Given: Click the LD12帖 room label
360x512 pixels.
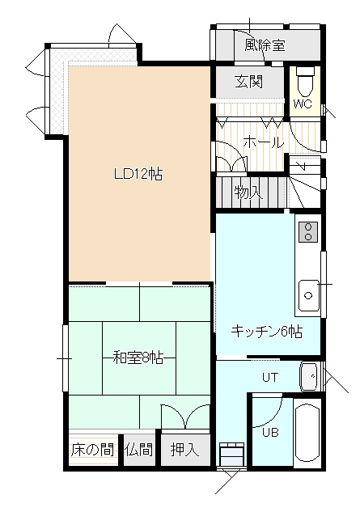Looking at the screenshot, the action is tap(138, 174).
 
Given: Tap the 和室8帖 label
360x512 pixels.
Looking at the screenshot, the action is tap(138, 358).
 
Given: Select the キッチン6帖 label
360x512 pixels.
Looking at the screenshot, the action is tap(267, 332).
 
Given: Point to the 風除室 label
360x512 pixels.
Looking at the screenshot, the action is tap(265, 45).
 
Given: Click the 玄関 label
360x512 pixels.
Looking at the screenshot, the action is tap(249, 82).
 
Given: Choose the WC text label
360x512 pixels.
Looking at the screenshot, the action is tap(303, 104).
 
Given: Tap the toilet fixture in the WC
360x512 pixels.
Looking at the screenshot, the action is tap(306, 82).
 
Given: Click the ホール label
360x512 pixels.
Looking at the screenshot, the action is tap(263, 142).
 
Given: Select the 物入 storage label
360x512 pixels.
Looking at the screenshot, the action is tap(248, 193).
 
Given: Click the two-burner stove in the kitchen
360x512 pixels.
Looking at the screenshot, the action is tap(308, 231).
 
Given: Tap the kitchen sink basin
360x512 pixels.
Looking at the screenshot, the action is tap(308, 295).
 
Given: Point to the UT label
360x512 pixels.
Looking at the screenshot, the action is tap(270, 378).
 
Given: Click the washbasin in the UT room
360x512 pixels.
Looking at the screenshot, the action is tap(310, 376).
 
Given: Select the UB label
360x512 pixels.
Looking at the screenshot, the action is tap(270, 432).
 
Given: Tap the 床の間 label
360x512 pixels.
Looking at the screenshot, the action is tap(93, 450).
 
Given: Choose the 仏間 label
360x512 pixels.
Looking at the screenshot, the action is tap(138, 450).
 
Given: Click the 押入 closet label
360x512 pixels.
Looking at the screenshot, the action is tap(185, 450).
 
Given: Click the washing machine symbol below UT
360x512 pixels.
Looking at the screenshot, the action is tap(232, 455).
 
